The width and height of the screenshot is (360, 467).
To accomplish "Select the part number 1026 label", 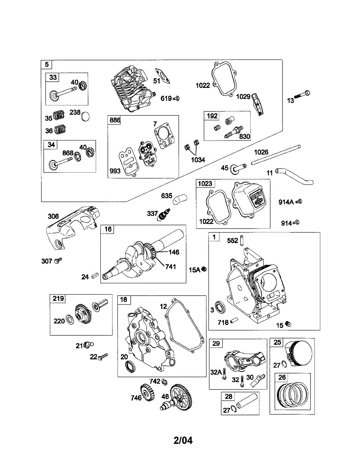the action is [261, 152].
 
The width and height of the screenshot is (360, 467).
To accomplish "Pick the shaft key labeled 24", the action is [95, 275].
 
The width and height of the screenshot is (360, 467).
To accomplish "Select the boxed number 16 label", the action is [108, 229].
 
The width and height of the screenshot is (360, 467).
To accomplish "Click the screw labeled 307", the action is [58, 260].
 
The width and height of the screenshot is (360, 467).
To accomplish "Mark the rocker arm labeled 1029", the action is [258, 104].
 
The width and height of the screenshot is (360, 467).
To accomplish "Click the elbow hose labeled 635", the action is [180, 199].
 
